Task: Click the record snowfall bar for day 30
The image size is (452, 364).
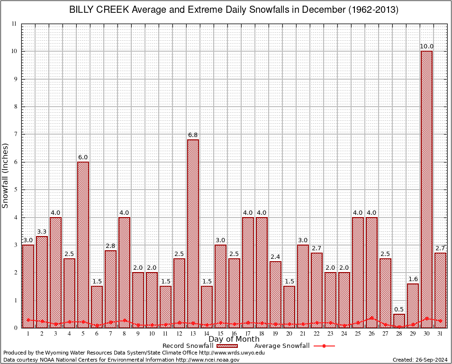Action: [426, 190]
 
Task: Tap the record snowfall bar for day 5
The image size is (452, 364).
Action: [83, 245]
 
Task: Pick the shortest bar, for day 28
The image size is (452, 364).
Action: [399, 321]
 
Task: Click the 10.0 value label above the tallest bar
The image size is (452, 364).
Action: [426, 46]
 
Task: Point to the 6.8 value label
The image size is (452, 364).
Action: [193, 135]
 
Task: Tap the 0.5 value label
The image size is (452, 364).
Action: [399, 309]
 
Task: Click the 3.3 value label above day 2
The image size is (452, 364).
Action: [42, 232]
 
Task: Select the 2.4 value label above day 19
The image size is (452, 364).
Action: [275, 257]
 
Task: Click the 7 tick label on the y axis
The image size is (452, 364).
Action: [15, 134]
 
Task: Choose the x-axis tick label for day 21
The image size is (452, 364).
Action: [303, 334]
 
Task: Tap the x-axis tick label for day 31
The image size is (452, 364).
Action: [440, 334]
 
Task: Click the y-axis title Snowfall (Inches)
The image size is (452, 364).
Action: [5, 176]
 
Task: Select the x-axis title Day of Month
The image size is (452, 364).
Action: [234, 339]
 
